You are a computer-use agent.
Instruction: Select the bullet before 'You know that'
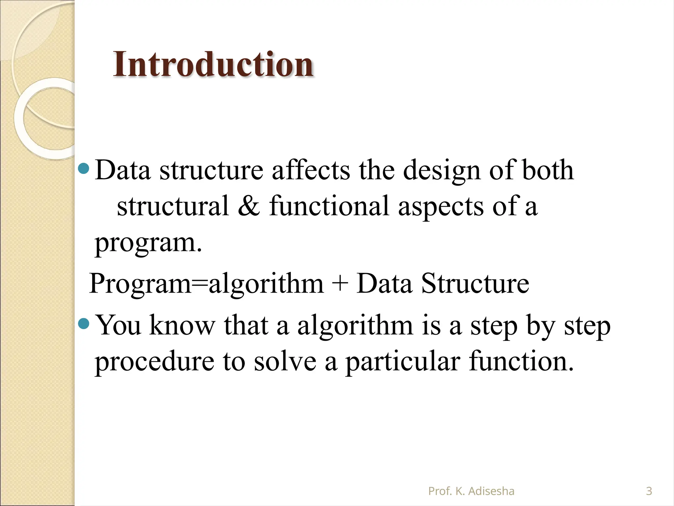pyautogui.click(x=84, y=324)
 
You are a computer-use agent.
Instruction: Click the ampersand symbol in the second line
pyautogui.click(x=249, y=206)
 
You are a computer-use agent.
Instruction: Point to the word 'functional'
pyautogui.click(x=329, y=206)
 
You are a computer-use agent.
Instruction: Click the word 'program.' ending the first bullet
pyautogui.click(x=148, y=243)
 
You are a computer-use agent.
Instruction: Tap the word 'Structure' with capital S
pyautogui.click(x=475, y=283)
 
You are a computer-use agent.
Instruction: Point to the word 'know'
pyautogui.click(x=182, y=325)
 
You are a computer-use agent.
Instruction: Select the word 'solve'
pyautogui.click(x=285, y=361)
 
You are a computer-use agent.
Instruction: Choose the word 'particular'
pyautogui.click(x=402, y=362)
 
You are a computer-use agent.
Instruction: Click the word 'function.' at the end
pyautogui.click(x=521, y=361)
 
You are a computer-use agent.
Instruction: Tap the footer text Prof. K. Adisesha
pyautogui.click(x=471, y=491)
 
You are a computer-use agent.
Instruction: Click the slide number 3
pyautogui.click(x=649, y=491)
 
